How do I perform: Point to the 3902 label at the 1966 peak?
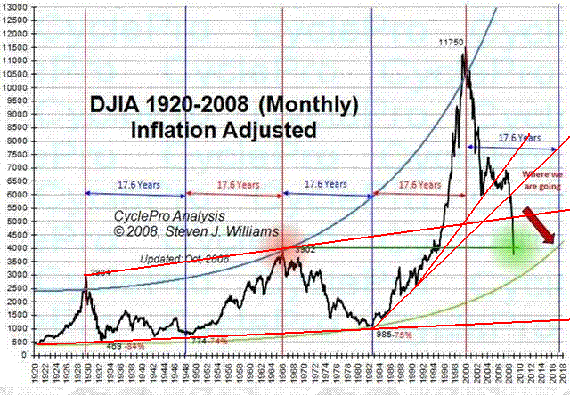305,250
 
